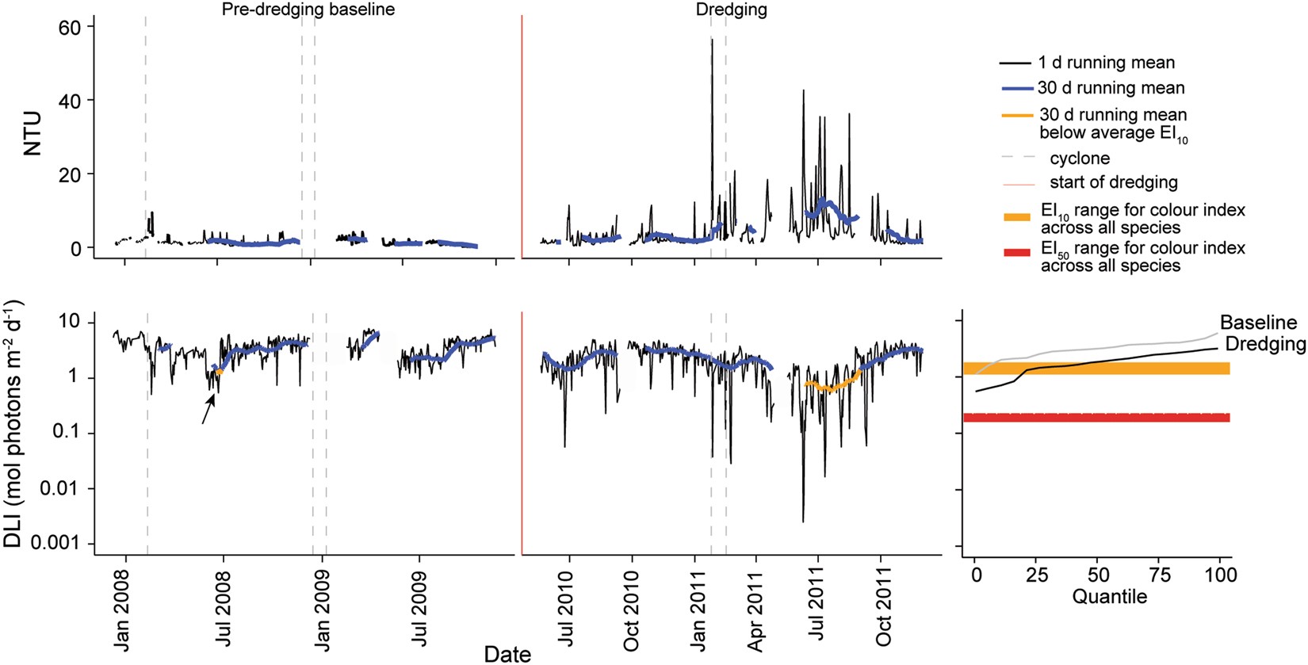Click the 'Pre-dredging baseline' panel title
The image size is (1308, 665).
tap(308, 10)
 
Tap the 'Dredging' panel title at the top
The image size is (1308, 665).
tap(731, 10)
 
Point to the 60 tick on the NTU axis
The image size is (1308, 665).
tap(70, 27)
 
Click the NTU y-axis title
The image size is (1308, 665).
tap(32, 133)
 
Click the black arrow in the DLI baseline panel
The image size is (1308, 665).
tap(208, 409)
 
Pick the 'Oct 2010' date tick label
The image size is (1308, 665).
tap(632, 610)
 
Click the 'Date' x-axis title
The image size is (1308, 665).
tap(507, 654)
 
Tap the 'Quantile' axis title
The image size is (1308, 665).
tap(1109, 597)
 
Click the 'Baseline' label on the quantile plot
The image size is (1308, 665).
tap(1258, 323)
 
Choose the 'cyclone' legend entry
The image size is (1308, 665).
tap(1079, 159)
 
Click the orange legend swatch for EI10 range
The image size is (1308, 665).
tap(1017, 217)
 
